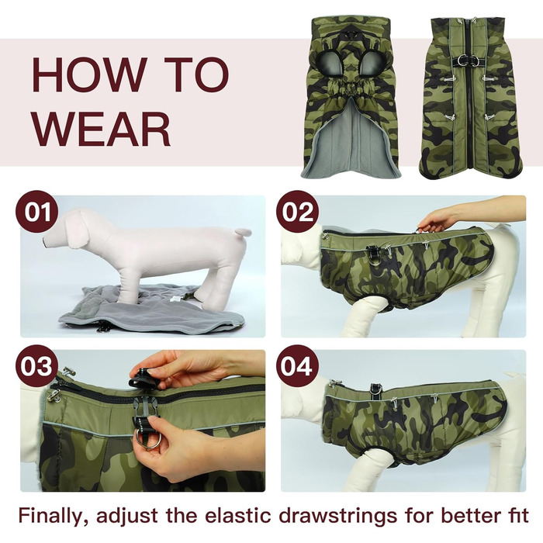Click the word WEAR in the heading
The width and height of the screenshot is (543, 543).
(x=102, y=130)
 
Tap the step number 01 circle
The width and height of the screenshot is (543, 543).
(x=37, y=211)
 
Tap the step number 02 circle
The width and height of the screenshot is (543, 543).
(x=297, y=211)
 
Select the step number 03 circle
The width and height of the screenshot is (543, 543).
(x=36, y=365)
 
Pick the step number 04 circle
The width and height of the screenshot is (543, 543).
(x=297, y=365)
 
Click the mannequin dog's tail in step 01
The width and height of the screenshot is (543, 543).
(x=242, y=232)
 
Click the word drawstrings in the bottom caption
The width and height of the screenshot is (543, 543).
(x=337, y=517)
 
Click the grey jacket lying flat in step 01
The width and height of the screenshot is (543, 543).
(x=152, y=308)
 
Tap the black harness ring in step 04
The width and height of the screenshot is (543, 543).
(x=376, y=389)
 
